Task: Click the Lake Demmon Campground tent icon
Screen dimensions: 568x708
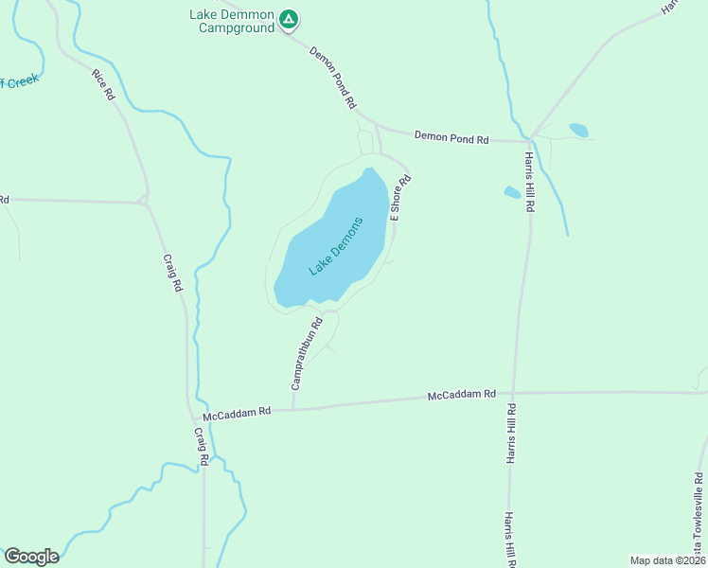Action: click(290, 18)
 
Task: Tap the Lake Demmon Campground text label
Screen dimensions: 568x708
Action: click(233, 21)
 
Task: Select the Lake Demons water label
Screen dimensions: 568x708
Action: click(336, 246)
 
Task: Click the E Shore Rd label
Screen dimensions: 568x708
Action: click(400, 198)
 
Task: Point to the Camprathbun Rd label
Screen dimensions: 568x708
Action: click(308, 353)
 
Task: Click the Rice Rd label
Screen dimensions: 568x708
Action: click(103, 84)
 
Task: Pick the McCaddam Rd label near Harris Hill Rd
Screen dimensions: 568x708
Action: click(461, 394)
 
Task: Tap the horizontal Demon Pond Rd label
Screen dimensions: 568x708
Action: click(451, 139)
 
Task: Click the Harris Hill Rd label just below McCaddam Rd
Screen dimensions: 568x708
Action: click(510, 434)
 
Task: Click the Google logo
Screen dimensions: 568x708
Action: click(31, 557)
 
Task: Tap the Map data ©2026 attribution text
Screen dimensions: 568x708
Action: click(667, 560)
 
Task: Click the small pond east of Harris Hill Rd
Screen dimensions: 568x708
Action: click(577, 130)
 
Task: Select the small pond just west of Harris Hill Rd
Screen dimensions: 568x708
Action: click(512, 192)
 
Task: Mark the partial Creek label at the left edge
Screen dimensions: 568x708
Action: click(18, 82)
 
